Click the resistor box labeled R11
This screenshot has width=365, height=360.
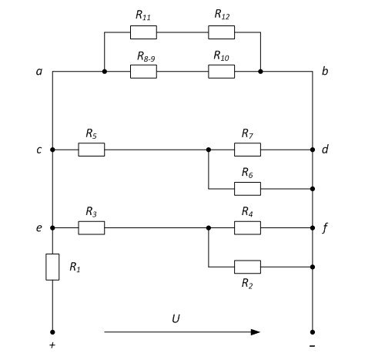pyautogui.click(x=143, y=32)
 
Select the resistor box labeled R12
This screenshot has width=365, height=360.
pyautogui.click(x=221, y=32)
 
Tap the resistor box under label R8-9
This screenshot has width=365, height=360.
pyautogui.click(x=143, y=72)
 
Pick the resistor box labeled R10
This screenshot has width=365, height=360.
pyautogui.click(x=221, y=72)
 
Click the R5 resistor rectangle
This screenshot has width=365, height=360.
pyautogui.click(x=92, y=150)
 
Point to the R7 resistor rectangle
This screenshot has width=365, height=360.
pyautogui.click(x=247, y=150)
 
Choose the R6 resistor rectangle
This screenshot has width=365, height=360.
pyautogui.click(x=247, y=189)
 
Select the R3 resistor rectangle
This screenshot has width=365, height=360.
pyautogui.click(x=92, y=228)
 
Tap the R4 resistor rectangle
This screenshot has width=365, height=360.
pyautogui.click(x=247, y=228)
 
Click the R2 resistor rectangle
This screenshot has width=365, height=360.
pyautogui.click(x=247, y=267)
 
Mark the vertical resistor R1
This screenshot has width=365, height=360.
pyautogui.click(x=52, y=267)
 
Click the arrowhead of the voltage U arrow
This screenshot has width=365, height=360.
pyautogui.click(x=256, y=332)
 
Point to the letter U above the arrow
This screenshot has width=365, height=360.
pyautogui.click(x=176, y=318)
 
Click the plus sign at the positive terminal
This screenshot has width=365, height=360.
pyautogui.click(x=52, y=345)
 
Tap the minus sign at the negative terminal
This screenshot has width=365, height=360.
pyautogui.click(x=312, y=346)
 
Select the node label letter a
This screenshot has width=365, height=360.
pyautogui.click(x=39, y=72)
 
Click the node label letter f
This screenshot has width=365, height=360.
pyautogui.click(x=325, y=228)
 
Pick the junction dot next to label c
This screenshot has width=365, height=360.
pyautogui.click(x=52, y=150)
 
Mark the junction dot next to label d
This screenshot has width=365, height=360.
pyautogui.click(x=313, y=150)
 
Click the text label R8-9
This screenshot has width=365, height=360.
pyautogui.click(x=146, y=56)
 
